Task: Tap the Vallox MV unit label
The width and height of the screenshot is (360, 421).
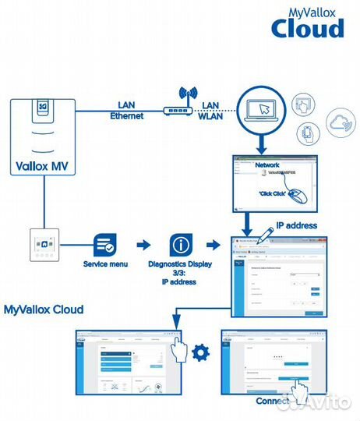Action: coord(44,165)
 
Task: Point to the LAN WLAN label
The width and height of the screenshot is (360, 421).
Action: coord(210,110)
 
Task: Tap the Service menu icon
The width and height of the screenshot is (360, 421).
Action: coord(104,245)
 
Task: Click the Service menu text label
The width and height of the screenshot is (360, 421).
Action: coord(104,264)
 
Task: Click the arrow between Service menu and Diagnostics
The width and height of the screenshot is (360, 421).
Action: coord(143,245)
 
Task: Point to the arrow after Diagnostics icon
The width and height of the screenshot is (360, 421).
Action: coord(214,245)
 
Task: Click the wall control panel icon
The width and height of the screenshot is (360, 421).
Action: coord(43,245)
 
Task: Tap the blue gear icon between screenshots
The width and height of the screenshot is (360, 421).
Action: coord(200,352)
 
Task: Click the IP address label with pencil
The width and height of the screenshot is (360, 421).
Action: coord(287,225)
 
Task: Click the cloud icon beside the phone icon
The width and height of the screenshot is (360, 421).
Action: coord(340,122)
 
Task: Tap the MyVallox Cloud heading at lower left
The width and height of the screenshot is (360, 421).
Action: coord(44,310)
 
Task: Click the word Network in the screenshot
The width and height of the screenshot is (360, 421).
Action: coord(267,166)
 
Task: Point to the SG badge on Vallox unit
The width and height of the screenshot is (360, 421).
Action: coord(44,105)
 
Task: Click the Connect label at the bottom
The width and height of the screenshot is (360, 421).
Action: coord(272,402)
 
